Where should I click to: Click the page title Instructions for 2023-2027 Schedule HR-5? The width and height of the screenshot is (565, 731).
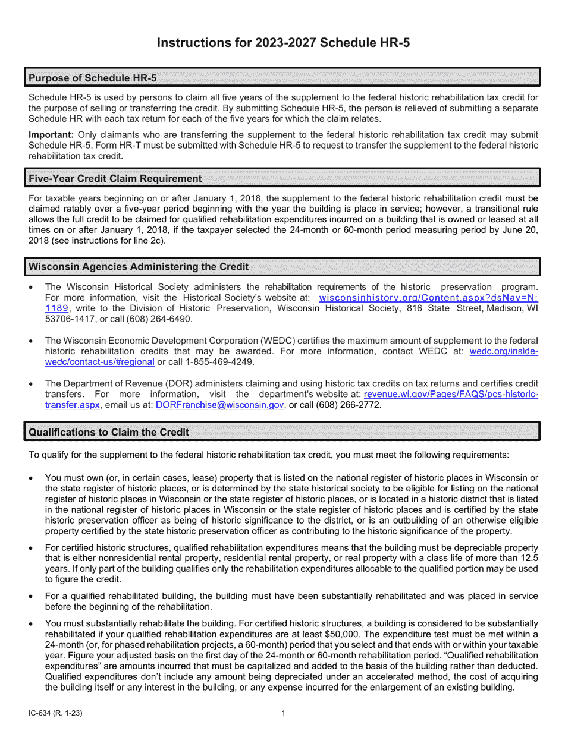coord(282,43)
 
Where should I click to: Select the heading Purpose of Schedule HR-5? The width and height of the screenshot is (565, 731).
coord(93,78)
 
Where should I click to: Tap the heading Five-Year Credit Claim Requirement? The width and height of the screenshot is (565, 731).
coord(115,178)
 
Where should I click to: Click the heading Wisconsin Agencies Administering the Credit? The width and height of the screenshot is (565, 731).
coord(139,266)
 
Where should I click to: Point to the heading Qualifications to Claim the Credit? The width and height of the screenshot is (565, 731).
coord(109,432)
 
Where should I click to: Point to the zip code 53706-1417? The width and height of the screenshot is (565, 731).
coord(70,319)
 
